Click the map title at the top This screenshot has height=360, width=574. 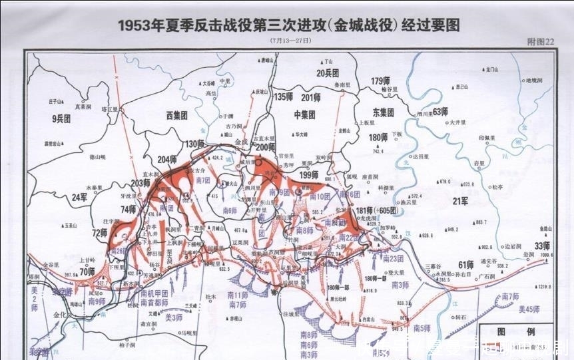click(x=289, y=25)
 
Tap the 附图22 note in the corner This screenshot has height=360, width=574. click(x=540, y=41)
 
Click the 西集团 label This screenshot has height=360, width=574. click(x=178, y=114)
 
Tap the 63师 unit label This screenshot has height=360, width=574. click(x=440, y=111)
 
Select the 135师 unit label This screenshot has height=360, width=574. click(x=284, y=97)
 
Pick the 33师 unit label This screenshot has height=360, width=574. click(x=543, y=245)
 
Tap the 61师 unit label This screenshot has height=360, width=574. click(x=465, y=265)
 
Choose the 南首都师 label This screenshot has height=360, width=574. click(x=154, y=302)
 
